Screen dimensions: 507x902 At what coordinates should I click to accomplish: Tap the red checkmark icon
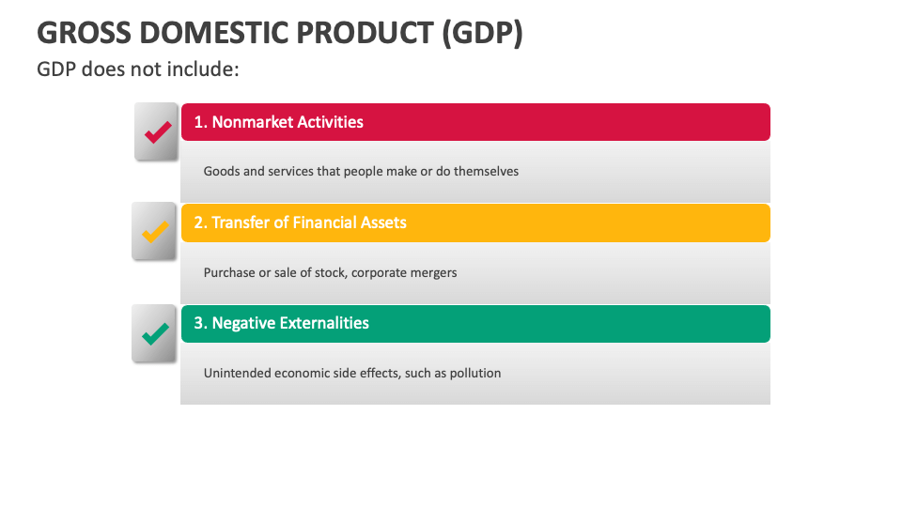click(x=157, y=132)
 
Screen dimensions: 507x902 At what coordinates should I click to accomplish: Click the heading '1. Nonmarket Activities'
click(x=278, y=122)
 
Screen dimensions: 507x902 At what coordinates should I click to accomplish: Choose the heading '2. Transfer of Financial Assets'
click(x=300, y=223)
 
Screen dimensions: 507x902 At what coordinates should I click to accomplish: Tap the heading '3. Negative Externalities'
click(x=281, y=323)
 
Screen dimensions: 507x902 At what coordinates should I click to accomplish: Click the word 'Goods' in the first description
click(x=221, y=172)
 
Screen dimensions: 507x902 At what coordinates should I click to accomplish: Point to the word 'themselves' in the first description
click(x=486, y=172)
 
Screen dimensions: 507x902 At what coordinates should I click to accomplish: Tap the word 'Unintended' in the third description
click(x=237, y=373)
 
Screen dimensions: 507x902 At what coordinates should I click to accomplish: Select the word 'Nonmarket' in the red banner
click(x=251, y=122)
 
